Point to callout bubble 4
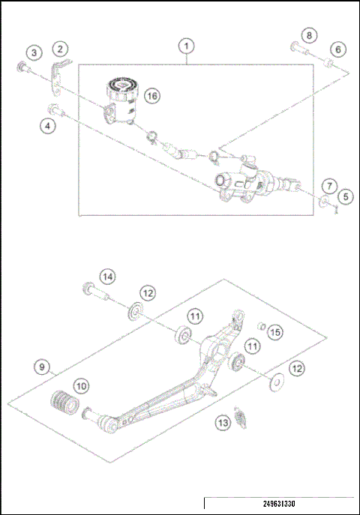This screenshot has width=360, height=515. pyautogui.click(x=49, y=126)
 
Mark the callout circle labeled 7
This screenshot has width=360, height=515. pyautogui.click(x=328, y=185)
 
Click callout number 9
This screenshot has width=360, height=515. pyautogui.click(x=44, y=367)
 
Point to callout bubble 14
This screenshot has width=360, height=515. pyautogui.click(x=108, y=277)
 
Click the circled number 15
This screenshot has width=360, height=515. pyautogui.click(x=275, y=331)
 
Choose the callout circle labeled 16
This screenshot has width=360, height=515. pyautogui.click(x=152, y=96)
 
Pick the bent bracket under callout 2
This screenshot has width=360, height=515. pyautogui.click(x=58, y=73)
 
